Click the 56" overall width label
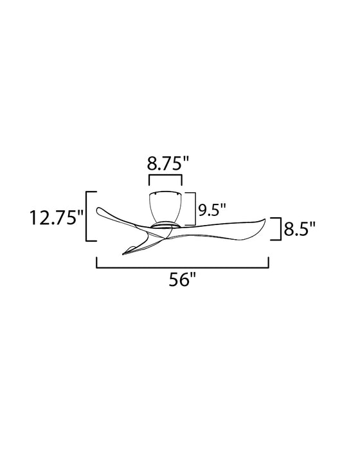(x=183, y=281)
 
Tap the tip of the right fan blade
(x=263, y=219)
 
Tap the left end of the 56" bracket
(x=97, y=262)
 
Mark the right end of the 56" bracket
(x=268, y=262)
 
